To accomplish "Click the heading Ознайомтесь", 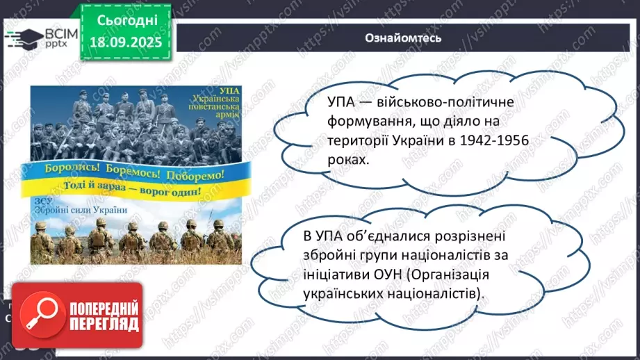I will coord(403,37).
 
